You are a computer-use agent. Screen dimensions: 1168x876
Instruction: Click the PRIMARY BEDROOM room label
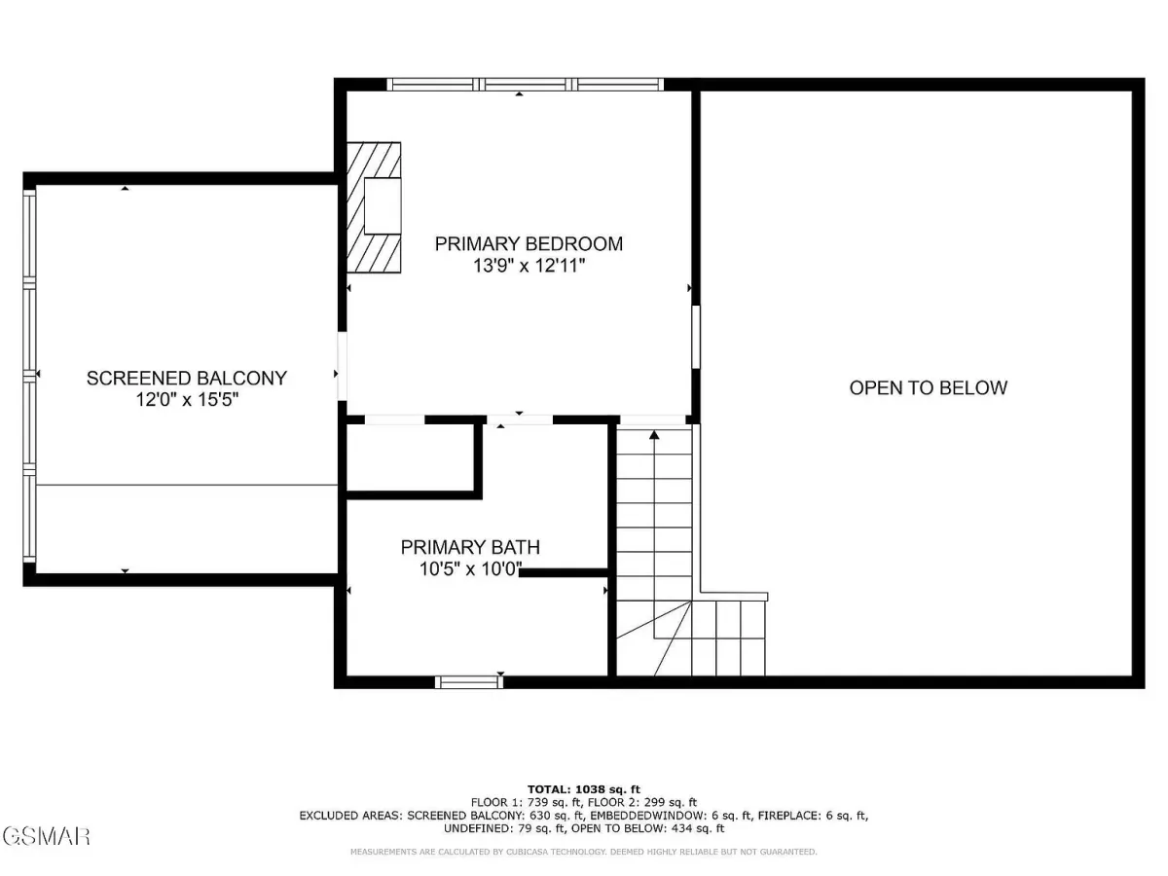click(529, 243)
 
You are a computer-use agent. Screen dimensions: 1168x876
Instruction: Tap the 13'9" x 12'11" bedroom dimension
click(529, 266)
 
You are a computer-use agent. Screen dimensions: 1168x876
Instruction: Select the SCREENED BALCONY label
click(187, 379)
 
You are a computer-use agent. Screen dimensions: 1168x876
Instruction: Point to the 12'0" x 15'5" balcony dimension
click(187, 399)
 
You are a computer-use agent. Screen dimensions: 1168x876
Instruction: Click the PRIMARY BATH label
click(470, 547)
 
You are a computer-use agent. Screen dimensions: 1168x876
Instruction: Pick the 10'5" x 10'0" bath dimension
click(470, 569)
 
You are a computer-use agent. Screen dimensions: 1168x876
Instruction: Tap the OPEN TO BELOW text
click(928, 387)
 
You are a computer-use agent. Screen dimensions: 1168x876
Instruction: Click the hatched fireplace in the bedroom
click(374, 207)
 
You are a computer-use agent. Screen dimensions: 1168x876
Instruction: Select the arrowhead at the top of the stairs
click(654, 435)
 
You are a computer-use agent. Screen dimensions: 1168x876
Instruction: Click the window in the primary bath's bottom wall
click(469, 682)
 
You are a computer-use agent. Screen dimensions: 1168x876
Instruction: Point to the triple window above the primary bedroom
click(525, 85)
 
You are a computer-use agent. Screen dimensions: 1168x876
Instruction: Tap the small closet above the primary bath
click(411, 457)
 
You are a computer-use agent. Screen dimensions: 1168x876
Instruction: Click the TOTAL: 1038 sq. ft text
click(584, 789)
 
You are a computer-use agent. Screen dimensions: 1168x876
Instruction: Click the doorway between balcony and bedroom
click(343, 366)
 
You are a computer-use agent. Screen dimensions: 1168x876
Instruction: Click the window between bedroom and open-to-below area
click(696, 337)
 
